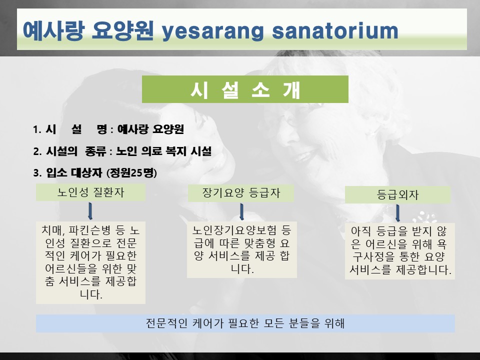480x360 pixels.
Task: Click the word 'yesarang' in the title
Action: (212, 32)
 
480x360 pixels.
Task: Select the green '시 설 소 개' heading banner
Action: (245, 89)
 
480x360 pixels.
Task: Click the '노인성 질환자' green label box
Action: (90, 192)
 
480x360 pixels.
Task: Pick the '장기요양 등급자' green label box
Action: (241, 193)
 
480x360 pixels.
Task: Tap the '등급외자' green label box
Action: (397, 194)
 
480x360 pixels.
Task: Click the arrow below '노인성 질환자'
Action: (90, 211)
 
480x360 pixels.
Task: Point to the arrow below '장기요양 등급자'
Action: (241, 212)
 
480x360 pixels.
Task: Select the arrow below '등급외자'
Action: (397, 213)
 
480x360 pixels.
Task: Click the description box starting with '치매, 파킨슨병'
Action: (90, 262)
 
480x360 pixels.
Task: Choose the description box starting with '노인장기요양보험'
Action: (242, 249)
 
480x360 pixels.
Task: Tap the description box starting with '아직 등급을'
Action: (400, 251)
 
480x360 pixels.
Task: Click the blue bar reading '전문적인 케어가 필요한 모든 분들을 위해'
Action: (245, 323)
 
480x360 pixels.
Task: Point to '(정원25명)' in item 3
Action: (131, 173)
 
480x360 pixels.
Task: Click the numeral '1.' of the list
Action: (37, 129)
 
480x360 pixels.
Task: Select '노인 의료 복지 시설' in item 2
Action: (164, 151)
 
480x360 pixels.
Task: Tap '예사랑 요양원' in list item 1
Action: (150, 129)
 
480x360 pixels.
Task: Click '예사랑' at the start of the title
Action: (53, 30)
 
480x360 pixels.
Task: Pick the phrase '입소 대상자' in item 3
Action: (74, 173)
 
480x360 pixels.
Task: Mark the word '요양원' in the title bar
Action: (123, 30)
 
